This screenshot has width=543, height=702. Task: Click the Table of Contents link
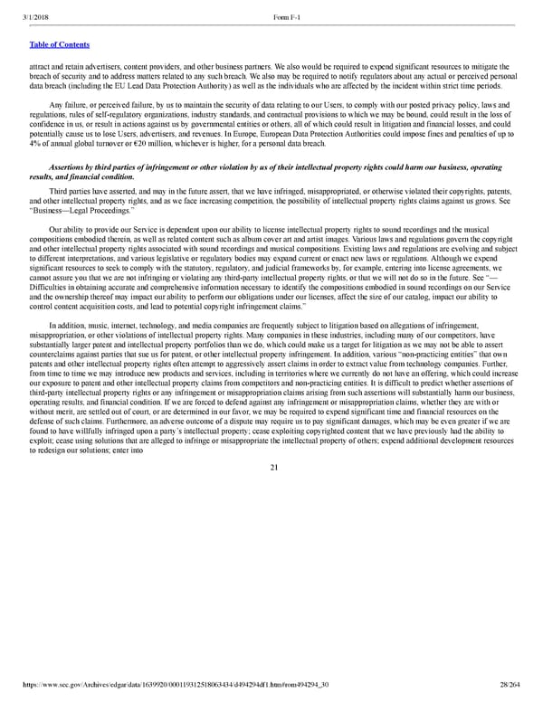(x=60, y=43)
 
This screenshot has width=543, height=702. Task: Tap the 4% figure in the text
(x=36, y=145)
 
